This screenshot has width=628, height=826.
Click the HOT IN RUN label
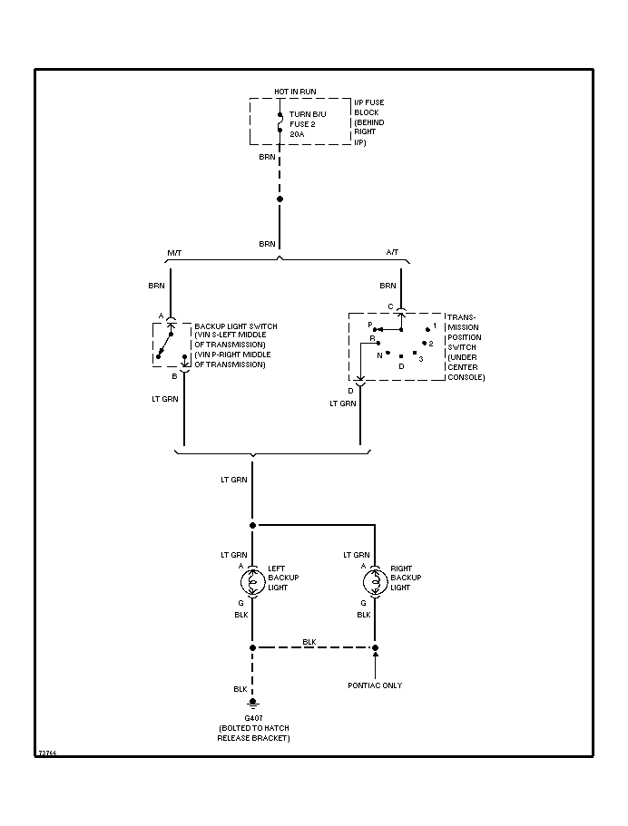(295, 92)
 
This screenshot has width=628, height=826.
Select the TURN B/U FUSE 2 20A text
(306, 123)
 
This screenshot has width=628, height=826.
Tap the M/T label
(174, 253)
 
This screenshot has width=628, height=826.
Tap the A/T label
(391, 253)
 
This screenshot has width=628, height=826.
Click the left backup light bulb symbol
(253, 578)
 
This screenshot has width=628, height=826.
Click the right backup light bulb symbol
(375, 578)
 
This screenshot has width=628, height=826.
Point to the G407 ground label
(253, 717)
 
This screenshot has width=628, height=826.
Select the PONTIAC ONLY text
(375, 685)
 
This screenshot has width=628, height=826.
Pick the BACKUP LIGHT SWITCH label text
(236, 326)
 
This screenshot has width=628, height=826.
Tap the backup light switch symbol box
(168, 343)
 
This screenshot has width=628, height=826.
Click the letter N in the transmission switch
(379, 355)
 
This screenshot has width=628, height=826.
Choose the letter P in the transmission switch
(370, 324)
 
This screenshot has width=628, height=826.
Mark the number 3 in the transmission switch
(420, 359)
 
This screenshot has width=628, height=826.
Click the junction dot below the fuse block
(280, 199)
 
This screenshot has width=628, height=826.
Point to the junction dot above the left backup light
(253, 525)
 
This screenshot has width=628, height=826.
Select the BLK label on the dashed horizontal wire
(309, 642)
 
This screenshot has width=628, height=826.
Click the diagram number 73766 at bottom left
(47, 753)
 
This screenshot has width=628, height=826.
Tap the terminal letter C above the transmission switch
(390, 306)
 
